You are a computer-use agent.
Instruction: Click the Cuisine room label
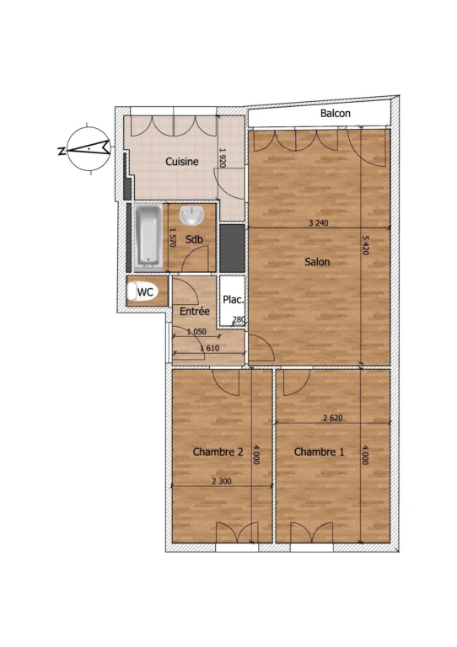pos(182,162)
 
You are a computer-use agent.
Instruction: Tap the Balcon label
pos(336,113)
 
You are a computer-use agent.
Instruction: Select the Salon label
pos(317,262)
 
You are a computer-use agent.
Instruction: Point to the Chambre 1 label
pos(319,452)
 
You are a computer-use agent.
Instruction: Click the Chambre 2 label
pos(218,452)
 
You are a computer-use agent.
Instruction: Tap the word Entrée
pos(195,311)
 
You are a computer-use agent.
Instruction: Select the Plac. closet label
pos(234,300)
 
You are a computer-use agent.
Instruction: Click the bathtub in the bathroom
pos(148,235)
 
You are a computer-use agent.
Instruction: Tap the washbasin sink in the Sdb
pos(192,215)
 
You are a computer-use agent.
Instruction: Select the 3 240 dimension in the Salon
pos(318,223)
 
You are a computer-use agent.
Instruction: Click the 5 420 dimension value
pos(365,244)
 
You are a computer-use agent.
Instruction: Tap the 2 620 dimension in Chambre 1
pos(333,418)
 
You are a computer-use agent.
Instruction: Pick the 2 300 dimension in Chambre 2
pos(222,481)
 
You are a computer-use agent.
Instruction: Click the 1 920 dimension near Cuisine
pos(222,158)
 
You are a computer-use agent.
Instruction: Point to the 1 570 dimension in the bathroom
pos(173,238)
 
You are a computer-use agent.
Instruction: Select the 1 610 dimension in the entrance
pos(210,348)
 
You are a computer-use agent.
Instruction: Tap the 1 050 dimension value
pos(196,332)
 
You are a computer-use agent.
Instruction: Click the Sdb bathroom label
pos(194,239)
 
